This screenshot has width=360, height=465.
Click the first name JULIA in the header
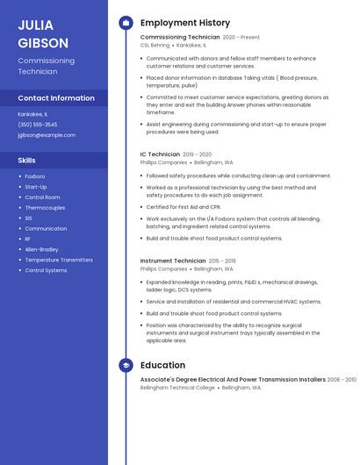click(x=35, y=25)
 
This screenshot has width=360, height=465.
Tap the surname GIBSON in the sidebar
click(x=43, y=43)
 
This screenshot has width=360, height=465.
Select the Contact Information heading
click(x=56, y=98)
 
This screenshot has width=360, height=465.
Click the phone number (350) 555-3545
click(x=38, y=125)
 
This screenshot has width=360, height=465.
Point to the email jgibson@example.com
click(x=47, y=135)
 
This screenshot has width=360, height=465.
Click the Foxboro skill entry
click(x=35, y=176)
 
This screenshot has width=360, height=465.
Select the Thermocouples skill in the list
click(x=45, y=208)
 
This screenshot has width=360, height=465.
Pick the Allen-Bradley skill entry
click(x=42, y=249)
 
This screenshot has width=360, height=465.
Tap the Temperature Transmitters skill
click(x=59, y=260)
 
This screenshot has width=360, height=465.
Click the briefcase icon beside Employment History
click(x=126, y=23)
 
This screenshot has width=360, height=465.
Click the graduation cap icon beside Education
click(x=126, y=365)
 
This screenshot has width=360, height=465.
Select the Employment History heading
click(x=185, y=23)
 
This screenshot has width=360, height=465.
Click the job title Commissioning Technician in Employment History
click(x=180, y=38)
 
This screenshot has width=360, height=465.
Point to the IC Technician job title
click(x=160, y=154)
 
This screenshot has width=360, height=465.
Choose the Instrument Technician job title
click(x=173, y=261)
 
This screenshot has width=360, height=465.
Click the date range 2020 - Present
click(x=241, y=38)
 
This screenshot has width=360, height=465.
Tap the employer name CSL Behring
click(x=156, y=45)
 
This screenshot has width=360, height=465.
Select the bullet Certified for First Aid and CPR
click(x=183, y=207)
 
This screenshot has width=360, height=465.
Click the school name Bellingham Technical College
click(x=177, y=387)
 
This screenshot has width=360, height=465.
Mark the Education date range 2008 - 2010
click(x=342, y=380)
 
